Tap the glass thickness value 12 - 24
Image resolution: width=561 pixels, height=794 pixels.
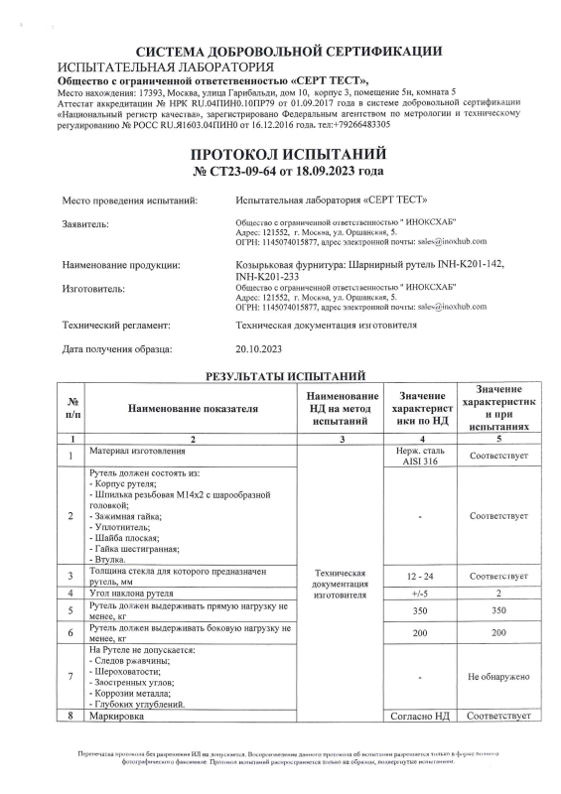coord(426,576)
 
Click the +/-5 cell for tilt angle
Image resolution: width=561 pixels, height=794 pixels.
coord(426,594)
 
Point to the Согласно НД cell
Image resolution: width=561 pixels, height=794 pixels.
coord(426,715)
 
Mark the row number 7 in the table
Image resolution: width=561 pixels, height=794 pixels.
coord(70,677)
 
